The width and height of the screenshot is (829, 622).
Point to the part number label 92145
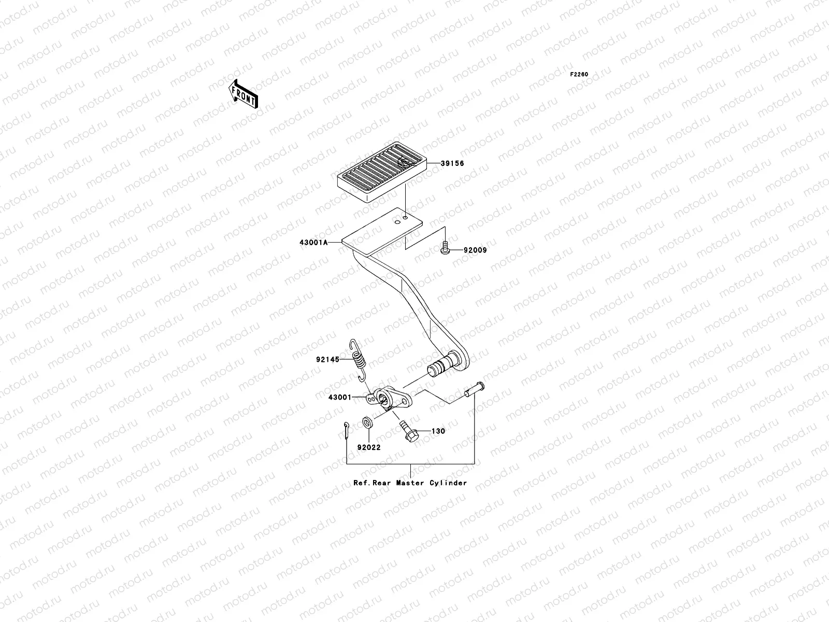coord(327,359)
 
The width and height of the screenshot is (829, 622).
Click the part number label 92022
coord(368,447)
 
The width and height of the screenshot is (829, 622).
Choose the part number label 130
coord(438,431)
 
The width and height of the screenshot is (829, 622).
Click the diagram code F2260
coord(579,75)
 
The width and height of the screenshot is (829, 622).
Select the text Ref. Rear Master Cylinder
coord(410,483)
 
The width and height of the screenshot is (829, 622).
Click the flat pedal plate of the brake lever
coord(382,231)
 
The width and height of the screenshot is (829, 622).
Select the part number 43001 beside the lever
coord(339,398)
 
